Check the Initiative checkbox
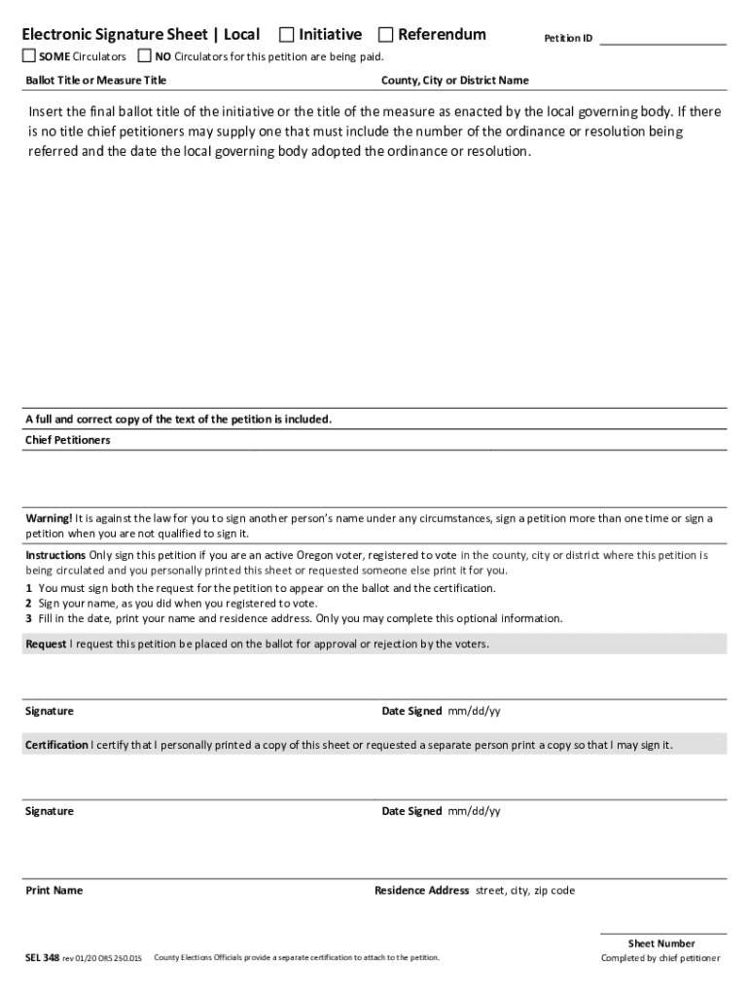coord(287,35)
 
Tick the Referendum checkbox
coord(385,35)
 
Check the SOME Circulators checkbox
coord(30,55)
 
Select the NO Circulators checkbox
coord(145,55)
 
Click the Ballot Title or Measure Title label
coord(95,80)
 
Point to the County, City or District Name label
coord(455,80)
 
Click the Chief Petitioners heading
coord(67,440)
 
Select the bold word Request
coord(46,645)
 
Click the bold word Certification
coord(56,746)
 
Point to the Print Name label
coord(53,891)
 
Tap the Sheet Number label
coord(661,943)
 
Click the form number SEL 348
coord(42,958)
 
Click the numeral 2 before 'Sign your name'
coord(29,604)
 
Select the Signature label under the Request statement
coord(49,712)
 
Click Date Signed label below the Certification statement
coord(411,811)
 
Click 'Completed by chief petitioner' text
coord(661,958)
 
